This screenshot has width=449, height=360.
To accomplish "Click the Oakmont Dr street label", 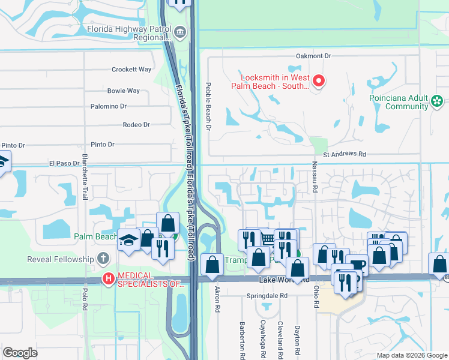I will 313,56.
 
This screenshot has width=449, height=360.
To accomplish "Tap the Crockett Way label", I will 131,70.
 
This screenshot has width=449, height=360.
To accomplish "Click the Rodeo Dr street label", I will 136,125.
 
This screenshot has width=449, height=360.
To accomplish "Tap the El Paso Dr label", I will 64,163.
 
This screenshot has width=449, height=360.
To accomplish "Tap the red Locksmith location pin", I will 319,80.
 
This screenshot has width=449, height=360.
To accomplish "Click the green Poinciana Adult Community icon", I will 438,101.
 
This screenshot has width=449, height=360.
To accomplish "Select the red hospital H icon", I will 108,278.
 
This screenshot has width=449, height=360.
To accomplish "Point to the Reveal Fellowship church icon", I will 103,260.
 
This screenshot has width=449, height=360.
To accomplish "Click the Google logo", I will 20,352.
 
